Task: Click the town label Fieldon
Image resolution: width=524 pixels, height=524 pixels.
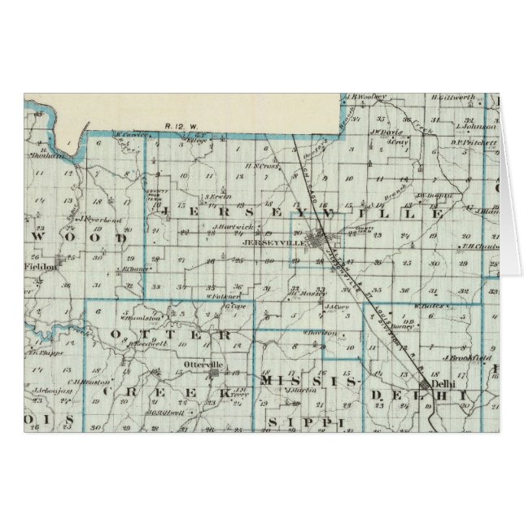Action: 38,265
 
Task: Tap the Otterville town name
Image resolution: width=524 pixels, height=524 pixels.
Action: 203,365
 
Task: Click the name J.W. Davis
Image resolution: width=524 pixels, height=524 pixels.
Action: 386,131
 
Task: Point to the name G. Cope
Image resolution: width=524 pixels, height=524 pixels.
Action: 236,307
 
